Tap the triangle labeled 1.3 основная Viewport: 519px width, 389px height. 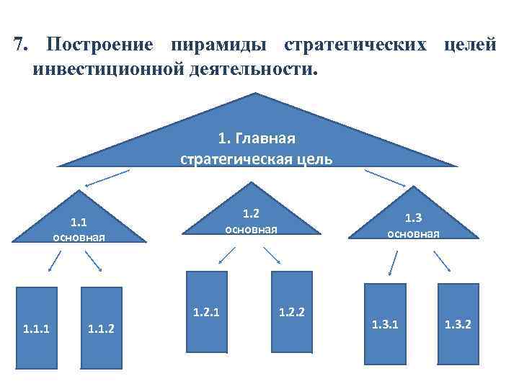pyautogui.click(x=412, y=222)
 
